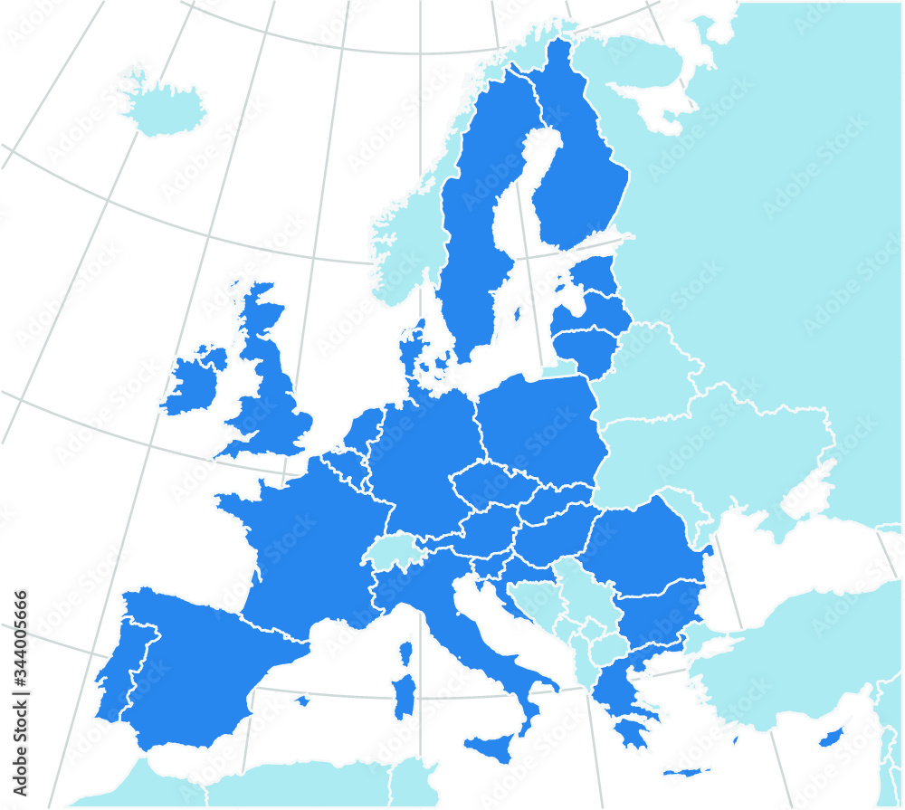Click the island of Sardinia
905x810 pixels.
point(405,696)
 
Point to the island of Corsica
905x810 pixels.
point(405,653)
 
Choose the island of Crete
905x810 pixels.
point(686,772)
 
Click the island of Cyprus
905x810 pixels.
point(832,738)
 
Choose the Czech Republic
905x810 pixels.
point(494,486)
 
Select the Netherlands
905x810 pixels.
point(362,433)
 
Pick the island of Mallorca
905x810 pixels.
point(302,700)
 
